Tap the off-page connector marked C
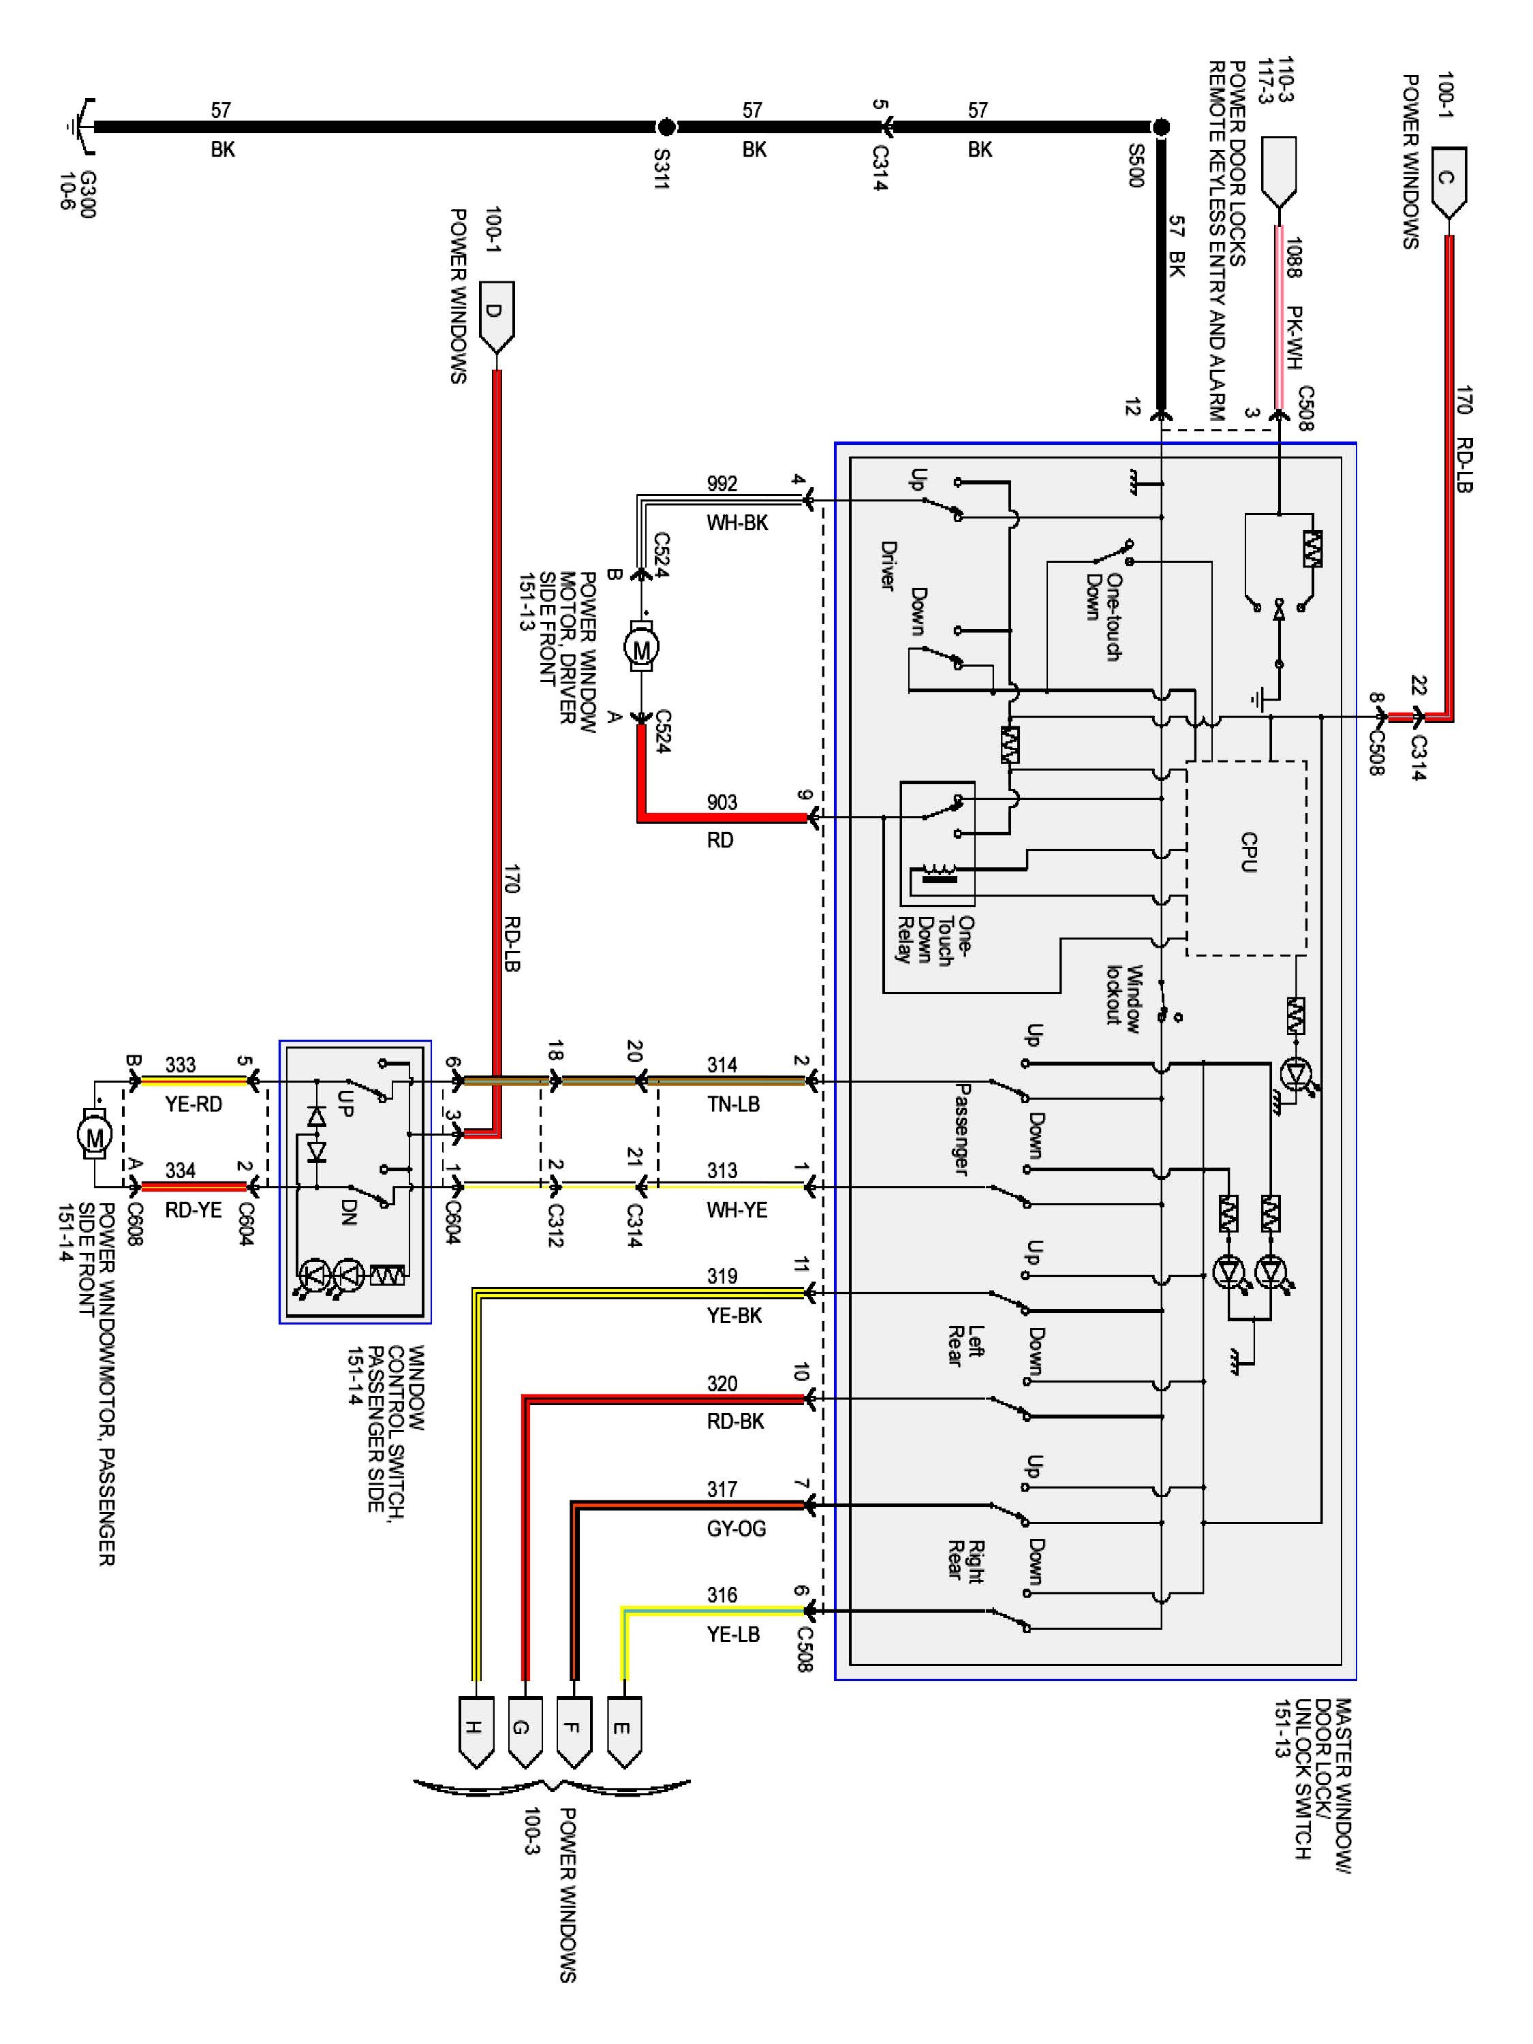(1448, 182)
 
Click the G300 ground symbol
(81, 127)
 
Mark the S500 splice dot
(1162, 127)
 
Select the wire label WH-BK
(737, 523)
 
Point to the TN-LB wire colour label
(734, 1104)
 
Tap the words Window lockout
(1125, 995)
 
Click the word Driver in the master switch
(888, 566)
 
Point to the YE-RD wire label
(194, 1104)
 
